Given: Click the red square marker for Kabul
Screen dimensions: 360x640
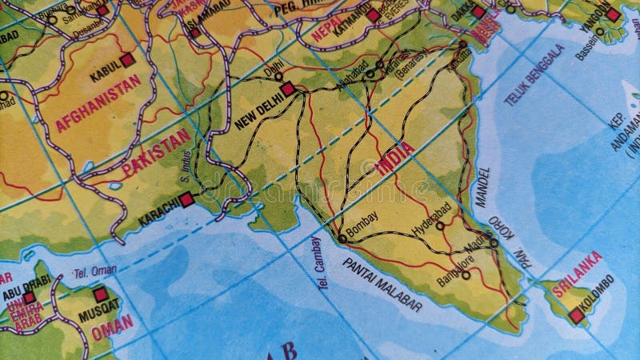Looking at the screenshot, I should point(128,60).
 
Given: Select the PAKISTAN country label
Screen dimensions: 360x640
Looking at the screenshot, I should point(158,153).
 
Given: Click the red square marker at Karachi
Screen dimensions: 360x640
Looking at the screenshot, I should point(187,200).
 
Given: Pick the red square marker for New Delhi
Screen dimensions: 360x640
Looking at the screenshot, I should point(288,90).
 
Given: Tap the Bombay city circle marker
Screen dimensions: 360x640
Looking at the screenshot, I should point(342,238).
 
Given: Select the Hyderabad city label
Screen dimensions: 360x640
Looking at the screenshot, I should point(431,214).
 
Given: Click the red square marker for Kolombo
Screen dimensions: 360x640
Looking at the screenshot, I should point(577,317).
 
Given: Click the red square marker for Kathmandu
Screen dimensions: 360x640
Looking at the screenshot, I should point(374,14).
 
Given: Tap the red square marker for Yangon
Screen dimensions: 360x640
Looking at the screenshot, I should point(613,14).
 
